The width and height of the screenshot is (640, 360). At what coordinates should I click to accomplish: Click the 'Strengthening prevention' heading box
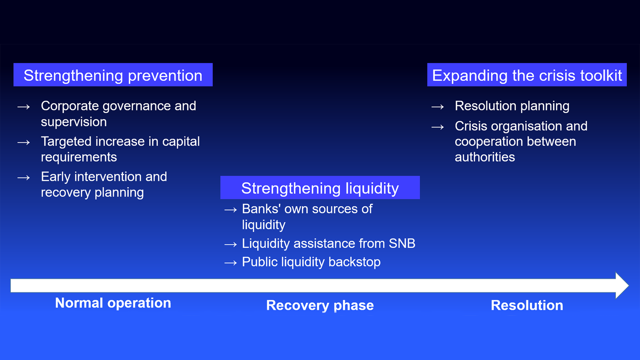point(113,75)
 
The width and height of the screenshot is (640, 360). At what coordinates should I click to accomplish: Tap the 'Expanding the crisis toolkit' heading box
point(527,75)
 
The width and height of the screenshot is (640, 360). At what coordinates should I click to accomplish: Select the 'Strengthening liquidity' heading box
point(320,187)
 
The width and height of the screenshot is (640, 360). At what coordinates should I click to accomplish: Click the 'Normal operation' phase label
point(113,303)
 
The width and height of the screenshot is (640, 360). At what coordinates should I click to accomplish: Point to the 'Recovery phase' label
point(320,305)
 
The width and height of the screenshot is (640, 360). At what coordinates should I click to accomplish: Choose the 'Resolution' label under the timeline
point(527,305)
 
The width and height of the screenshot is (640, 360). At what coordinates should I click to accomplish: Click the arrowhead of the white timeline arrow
point(622,285)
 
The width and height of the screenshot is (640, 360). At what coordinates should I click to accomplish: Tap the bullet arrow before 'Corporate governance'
point(24,107)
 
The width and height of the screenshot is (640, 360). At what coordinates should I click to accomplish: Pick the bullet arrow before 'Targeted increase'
point(24,142)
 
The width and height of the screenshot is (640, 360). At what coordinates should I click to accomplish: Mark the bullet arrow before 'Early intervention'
point(24,178)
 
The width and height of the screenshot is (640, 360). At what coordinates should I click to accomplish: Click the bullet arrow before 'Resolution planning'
point(438,107)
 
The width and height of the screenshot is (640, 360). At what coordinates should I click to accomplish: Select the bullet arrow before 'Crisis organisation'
point(438,127)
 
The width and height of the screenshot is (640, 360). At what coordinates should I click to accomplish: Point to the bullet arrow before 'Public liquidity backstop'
point(231,263)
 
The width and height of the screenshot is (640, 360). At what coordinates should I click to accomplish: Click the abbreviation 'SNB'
point(402,244)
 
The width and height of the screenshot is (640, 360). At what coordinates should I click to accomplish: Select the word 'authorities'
point(485,157)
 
